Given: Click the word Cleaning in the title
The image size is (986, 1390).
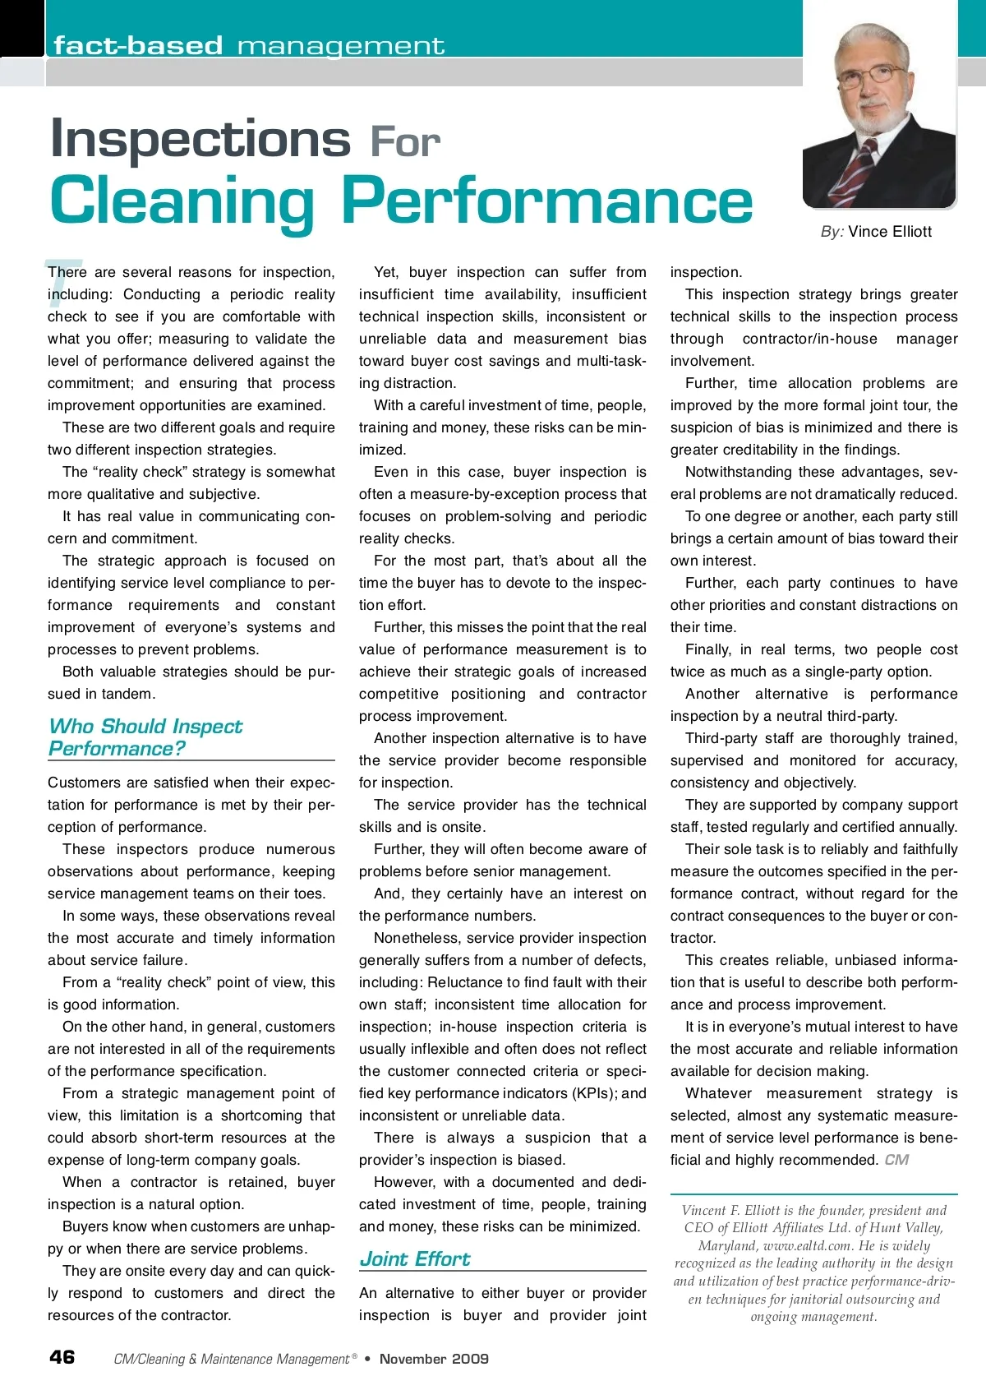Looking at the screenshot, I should pyautogui.click(x=182, y=201).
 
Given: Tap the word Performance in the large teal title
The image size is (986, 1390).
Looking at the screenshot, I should pyautogui.click(x=546, y=201).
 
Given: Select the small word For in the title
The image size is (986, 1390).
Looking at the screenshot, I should pyautogui.click(x=405, y=143).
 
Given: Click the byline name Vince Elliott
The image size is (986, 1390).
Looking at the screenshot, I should pyautogui.click(x=890, y=232).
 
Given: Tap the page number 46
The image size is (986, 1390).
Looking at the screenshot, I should pyautogui.click(x=62, y=1356).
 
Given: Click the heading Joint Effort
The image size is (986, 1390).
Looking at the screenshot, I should pyautogui.click(x=415, y=1258).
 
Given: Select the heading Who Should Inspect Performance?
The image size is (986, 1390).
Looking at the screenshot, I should pyautogui.click(x=145, y=737).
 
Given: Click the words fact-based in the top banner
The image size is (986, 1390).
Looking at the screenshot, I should pyautogui.click(x=138, y=45).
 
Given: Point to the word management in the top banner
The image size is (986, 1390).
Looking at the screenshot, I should pyautogui.click(x=341, y=45).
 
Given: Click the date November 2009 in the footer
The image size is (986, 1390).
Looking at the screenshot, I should pyautogui.click(x=434, y=1359).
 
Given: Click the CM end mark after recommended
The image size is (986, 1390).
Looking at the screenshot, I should pyautogui.click(x=896, y=1160).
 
